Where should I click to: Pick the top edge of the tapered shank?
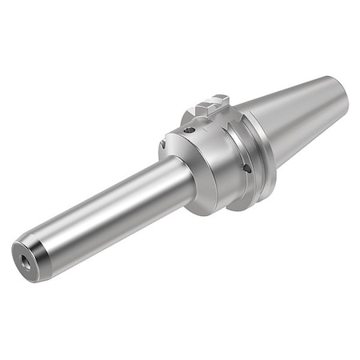pyautogui.click(x=288, y=90)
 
